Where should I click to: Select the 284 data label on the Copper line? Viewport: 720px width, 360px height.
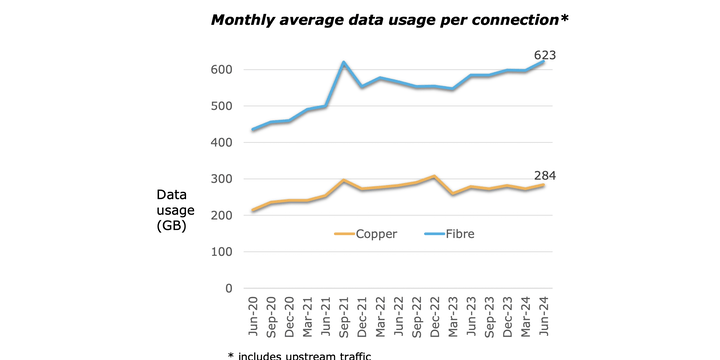(x=544, y=176)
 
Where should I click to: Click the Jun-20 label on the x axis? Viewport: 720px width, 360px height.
(x=254, y=317)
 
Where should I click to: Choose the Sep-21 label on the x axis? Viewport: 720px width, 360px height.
(x=344, y=317)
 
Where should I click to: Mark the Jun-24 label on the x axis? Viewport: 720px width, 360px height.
(x=544, y=317)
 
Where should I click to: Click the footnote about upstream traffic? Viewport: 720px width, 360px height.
(x=299, y=355)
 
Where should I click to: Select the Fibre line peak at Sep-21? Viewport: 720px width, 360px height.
(x=344, y=63)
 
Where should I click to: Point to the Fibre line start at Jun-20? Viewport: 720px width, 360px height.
(x=254, y=130)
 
